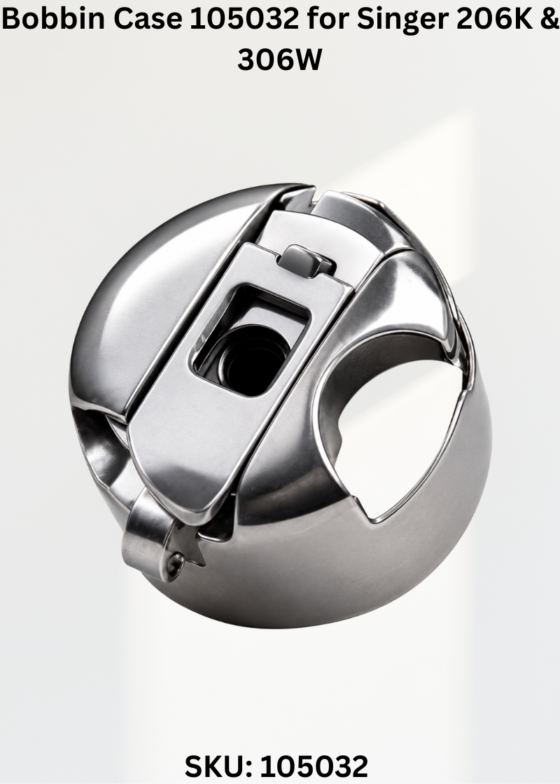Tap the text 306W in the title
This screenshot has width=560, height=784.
click(x=279, y=59)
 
